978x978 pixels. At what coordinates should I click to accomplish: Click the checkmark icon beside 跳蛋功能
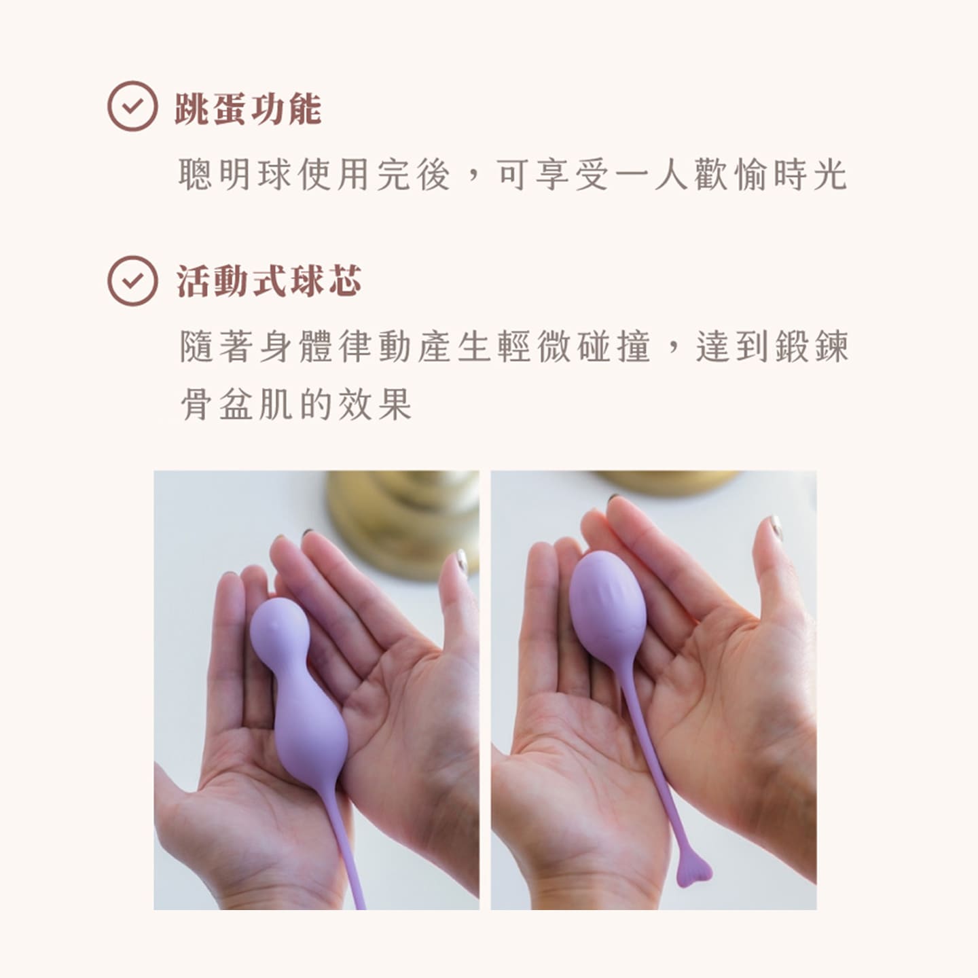pyautogui.click(x=132, y=106)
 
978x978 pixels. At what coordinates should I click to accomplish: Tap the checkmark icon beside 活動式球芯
pyautogui.click(x=132, y=280)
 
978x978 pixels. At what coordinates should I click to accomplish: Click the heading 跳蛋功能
pyautogui.click(x=248, y=108)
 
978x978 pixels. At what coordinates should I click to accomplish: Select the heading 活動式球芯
pyautogui.click(x=268, y=281)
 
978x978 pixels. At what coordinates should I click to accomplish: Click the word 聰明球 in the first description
pyautogui.click(x=235, y=175)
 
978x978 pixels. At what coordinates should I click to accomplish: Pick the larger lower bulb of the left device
pyautogui.click(x=310, y=732)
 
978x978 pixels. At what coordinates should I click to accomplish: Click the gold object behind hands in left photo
pyautogui.click(x=403, y=523)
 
